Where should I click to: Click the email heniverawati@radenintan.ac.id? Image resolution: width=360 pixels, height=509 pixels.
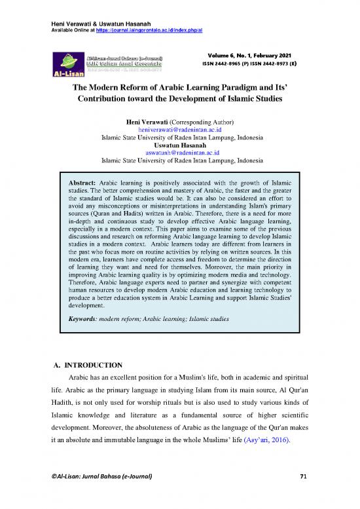(180, 130)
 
